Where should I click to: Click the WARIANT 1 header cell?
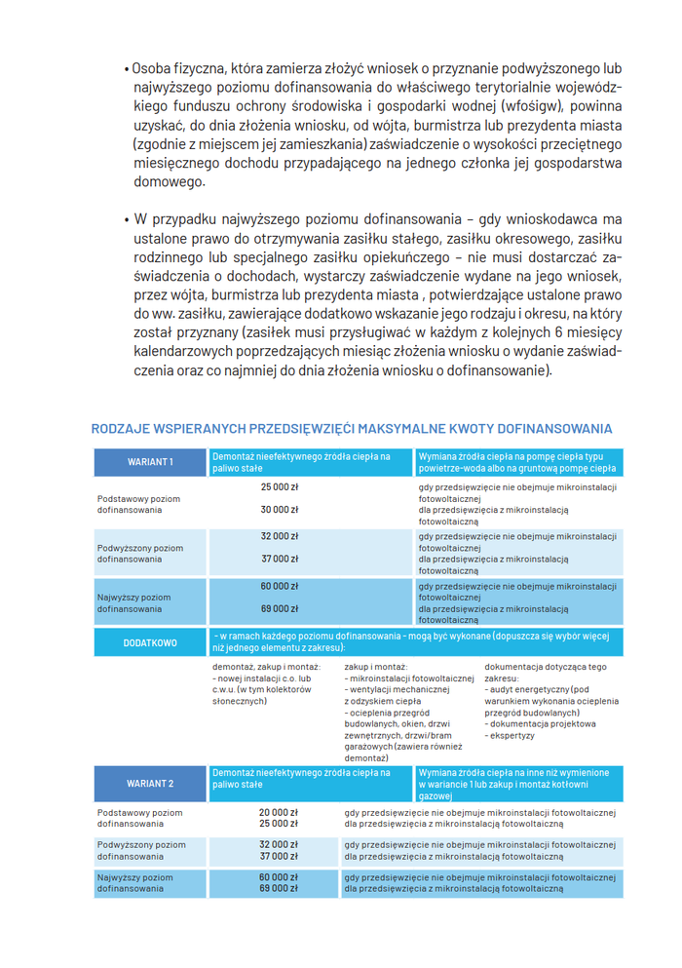click(x=150, y=462)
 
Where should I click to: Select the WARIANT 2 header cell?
click(x=150, y=783)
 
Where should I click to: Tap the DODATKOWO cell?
click(x=150, y=642)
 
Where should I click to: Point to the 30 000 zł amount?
click(x=280, y=509)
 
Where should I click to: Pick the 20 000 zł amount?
click(x=279, y=812)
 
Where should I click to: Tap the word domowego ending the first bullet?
click(x=170, y=181)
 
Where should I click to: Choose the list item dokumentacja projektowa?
click(x=543, y=723)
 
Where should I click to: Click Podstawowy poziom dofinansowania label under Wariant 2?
click(x=139, y=817)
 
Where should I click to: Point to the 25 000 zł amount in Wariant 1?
click(x=280, y=485)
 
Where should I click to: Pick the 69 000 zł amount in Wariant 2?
click(x=279, y=888)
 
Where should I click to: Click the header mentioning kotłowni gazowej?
click(x=513, y=777)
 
